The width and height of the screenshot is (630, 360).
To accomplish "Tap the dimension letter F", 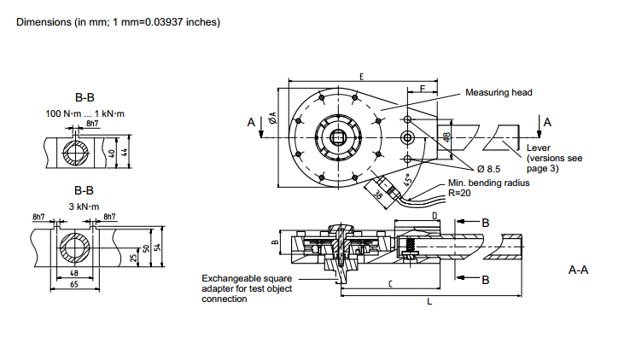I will (422, 88).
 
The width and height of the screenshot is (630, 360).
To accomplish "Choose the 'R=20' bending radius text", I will (459, 193).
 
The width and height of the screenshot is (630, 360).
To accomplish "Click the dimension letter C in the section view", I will (390, 284).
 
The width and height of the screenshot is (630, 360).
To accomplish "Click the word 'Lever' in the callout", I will (538, 149).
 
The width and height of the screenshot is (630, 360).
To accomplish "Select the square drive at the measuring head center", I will (341, 136).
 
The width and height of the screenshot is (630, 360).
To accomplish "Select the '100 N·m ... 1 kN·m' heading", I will (85, 113).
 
